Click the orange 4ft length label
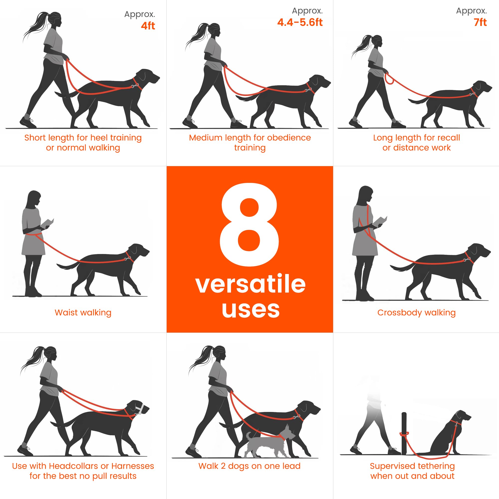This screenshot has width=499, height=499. click(148, 26)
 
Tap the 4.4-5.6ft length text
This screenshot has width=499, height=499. click(300, 22)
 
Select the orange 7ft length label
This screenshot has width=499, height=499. click(480, 22)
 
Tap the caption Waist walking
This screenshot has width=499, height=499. click(83, 313)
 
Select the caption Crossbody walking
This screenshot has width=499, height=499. click(416, 313)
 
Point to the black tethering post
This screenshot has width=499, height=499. click(404, 434)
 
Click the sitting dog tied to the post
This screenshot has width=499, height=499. click(451, 436)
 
